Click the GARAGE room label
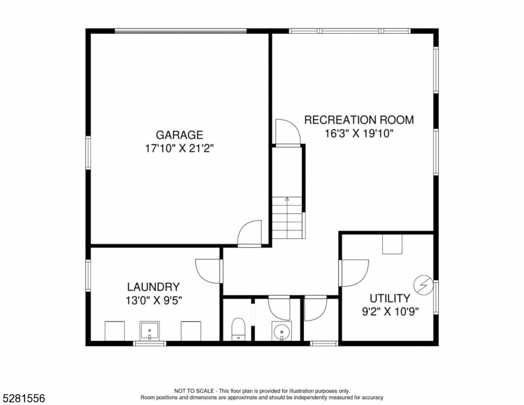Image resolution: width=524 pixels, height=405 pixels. pyautogui.click(x=179, y=135)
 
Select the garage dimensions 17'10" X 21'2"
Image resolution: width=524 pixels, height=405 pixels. pyautogui.click(x=179, y=147)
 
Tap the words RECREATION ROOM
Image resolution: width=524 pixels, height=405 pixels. pyautogui.click(x=359, y=120)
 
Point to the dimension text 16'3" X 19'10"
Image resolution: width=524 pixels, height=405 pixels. pyautogui.click(x=359, y=133)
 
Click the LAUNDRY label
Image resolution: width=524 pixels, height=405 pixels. pyautogui.click(x=153, y=287)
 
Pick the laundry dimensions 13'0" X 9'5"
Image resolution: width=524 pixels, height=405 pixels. pyautogui.click(x=153, y=300)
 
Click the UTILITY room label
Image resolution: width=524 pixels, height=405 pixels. pyautogui.click(x=390, y=298)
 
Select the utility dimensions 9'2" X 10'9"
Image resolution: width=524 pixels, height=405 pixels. pyautogui.click(x=390, y=312)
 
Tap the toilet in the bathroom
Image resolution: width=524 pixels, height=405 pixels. pyautogui.click(x=238, y=329)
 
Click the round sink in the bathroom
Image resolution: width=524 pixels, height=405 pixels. pyautogui.click(x=281, y=331)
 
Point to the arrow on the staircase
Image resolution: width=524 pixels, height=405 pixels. pyautogui.click(x=287, y=200)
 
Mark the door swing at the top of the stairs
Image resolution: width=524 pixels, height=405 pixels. pyautogui.click(x=286, y=132)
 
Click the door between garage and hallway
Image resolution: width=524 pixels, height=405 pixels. pyautogui.click(x=250, y=234)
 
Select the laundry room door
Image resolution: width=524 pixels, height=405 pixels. pyautogui.click(x=208, y=271)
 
